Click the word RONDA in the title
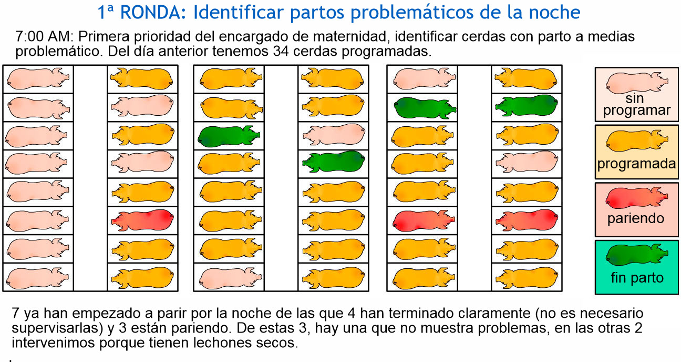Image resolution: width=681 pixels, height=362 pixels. click(152, 12)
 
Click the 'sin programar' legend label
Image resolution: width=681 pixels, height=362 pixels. click(636, 105)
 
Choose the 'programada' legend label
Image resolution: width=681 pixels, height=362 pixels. click(636, 163)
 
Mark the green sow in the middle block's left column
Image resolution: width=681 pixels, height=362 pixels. click(229, 136)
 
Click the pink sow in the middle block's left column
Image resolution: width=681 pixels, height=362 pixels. click(229, 276)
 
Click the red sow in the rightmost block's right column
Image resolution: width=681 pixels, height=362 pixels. click(527, 219)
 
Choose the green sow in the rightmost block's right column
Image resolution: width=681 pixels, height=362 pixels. click(527, 105)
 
